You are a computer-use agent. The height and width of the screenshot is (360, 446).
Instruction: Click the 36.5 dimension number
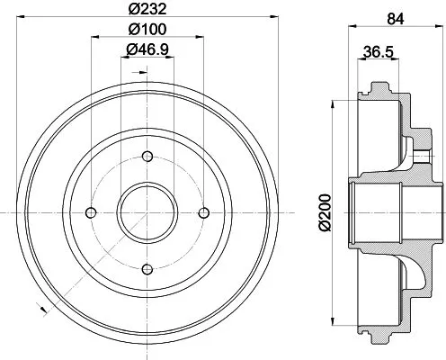tap(378, 52)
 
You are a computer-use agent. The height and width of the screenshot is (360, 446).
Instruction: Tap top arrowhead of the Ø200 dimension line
tap(334, 102)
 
